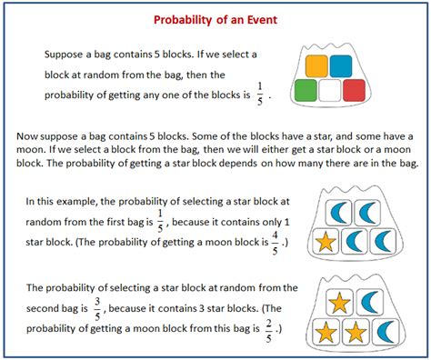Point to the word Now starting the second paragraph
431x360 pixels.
point(30,135)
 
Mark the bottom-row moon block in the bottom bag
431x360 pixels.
point(384,332)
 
